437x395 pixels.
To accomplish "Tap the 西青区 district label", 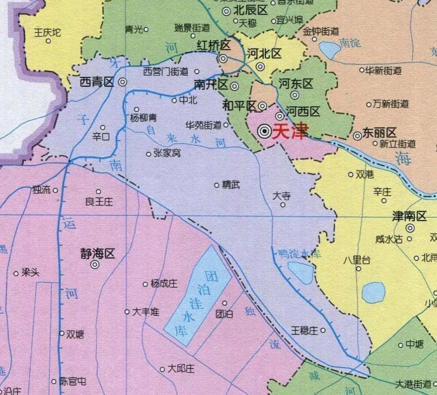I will click(x=97, y=83).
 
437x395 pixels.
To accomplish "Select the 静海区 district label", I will click(x=98, y=254).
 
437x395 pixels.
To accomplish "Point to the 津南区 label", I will click(x=409, y=217).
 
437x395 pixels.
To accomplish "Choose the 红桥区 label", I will click(x=213, y=45).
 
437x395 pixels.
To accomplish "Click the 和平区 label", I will click(x=239, y=106).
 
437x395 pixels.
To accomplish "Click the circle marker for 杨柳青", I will click(x=137, y=109).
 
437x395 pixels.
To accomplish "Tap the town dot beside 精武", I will click(x=217, y=185).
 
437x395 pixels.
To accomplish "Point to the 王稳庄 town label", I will click(x=304, y=331).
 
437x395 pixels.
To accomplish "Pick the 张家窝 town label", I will click(x=167, y=154).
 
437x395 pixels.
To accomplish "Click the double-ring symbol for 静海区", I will click(x=95, y=265).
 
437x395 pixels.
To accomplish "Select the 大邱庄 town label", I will click(x=181, y=369).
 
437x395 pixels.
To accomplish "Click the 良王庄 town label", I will click(x=99, y=202).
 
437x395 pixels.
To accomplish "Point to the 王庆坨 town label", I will click(x=47, y=32).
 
